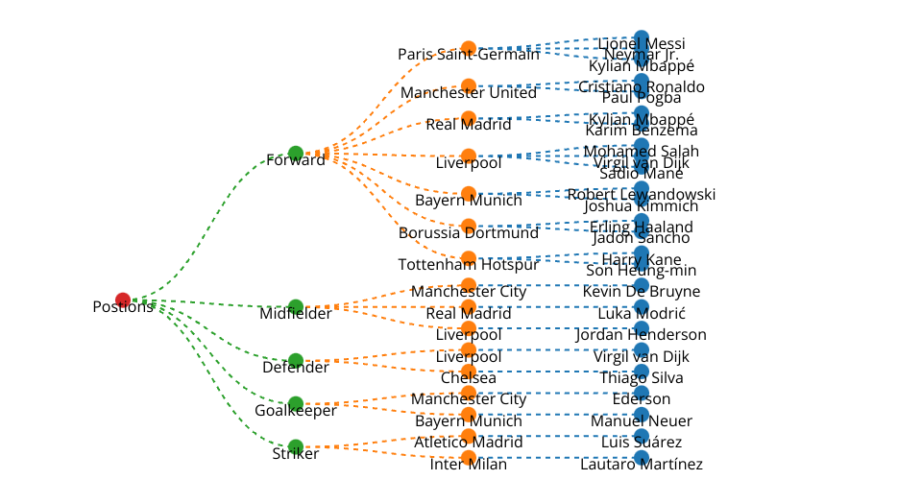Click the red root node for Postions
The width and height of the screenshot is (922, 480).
point(123,300)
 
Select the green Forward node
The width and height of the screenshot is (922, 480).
point(296,153)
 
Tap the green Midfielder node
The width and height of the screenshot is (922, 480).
point(296,306)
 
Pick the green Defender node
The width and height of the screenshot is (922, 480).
point(296,360)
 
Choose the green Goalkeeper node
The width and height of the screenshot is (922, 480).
point(296,403)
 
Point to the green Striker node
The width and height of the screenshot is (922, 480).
point(296,446)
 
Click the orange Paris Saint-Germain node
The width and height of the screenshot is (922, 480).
point(469,48)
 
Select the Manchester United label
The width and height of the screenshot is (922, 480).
point(469,93)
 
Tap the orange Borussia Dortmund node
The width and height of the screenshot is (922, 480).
point(469,227)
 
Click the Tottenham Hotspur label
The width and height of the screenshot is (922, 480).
point(469,264)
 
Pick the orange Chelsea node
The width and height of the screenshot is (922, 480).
point(469,371)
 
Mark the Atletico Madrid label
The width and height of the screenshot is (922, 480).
point(469,443)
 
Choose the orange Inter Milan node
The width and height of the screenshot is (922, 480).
point(469,457)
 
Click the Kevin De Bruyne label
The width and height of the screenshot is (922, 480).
point(642,292)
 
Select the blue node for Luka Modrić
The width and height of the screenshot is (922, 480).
point(642,306)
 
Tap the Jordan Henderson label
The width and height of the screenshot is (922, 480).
point(642,335)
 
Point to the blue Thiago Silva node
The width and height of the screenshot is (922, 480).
point(642,371)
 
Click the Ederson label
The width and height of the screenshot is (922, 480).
point(642,399)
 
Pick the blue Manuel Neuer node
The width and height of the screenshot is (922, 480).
point(642,414)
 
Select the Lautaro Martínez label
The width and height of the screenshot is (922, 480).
point(642,465)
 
